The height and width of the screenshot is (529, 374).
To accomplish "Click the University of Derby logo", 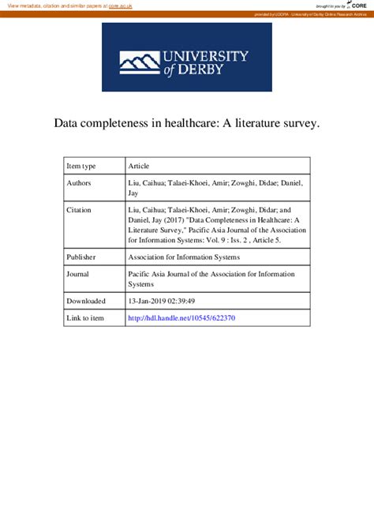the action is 187,57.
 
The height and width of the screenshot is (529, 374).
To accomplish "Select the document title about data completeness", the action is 187,124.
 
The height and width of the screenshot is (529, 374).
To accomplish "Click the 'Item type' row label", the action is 81,166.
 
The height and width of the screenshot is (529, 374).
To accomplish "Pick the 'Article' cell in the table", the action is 138,166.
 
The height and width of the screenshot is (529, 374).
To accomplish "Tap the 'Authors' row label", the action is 79,183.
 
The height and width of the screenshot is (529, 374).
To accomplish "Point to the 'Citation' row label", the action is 79,210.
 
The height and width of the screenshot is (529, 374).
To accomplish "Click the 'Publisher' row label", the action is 81,257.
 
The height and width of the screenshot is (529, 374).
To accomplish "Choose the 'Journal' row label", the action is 78,273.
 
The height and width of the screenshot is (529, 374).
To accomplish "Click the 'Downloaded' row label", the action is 85,301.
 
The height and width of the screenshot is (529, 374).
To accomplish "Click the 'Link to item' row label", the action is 85,318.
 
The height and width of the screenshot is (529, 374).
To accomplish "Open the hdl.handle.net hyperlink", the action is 181,318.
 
